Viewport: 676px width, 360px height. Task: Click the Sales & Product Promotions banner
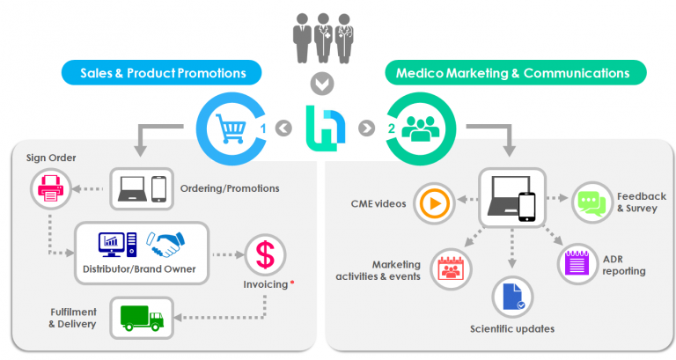point(166,72)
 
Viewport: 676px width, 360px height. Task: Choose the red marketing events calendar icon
point(451,267)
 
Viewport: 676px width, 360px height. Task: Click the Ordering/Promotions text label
point(229,187)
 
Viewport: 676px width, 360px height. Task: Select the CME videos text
point(378,203)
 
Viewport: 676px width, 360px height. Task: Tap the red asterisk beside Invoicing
point(292,283)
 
